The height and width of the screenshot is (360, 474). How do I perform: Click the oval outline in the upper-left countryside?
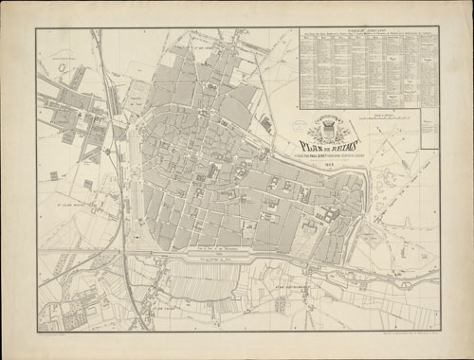coord(63,66)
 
